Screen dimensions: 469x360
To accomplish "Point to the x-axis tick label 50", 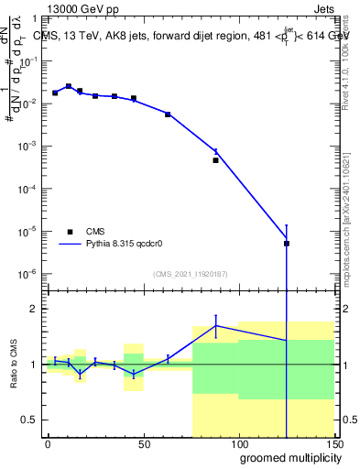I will click(x=143, y=443).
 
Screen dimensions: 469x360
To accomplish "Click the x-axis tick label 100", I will click(x=238, y=443).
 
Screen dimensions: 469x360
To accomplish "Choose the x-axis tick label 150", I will click(x=333, y=443).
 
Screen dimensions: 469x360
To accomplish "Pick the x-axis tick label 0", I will click(x=48, y=443).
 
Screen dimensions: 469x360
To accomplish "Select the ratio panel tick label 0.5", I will click(x=32, y=420).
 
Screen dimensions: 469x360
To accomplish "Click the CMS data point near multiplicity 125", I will click(x=287, y=244).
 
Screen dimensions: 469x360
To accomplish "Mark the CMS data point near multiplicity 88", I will click(x=216, y=160).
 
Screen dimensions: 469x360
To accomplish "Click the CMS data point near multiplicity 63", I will click(x=168, y=114).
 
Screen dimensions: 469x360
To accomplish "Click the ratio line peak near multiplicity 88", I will click(x=216, y=325).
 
